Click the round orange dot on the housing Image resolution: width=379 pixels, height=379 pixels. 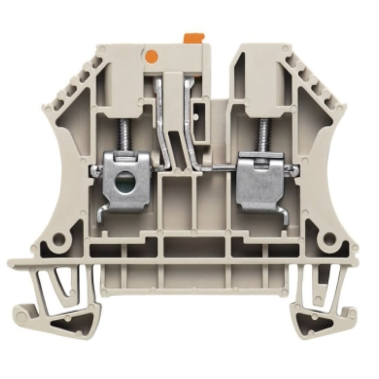151,55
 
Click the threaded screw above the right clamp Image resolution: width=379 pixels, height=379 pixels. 264,135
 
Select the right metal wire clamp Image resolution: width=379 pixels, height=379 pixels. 260,182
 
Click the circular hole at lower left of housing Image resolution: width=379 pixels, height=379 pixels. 59,240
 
